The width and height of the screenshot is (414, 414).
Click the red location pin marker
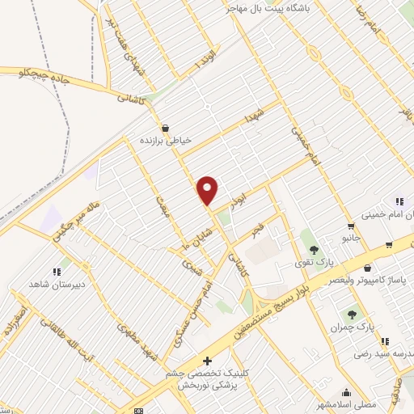coord(208,190)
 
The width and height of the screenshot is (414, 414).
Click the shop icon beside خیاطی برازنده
coord(166,128)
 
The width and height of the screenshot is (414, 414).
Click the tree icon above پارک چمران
coord(351,315)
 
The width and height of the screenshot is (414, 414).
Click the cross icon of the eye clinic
coord(207,361)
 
